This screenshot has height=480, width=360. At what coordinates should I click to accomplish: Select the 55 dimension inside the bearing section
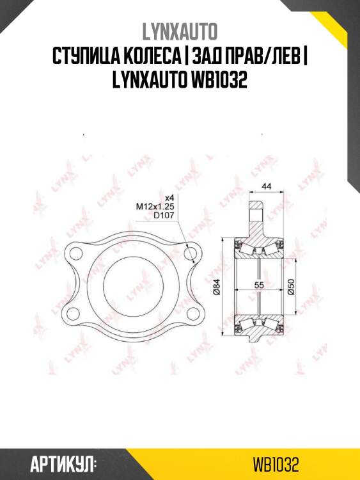(259, 287)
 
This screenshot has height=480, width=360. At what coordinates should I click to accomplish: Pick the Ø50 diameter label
(291, 287)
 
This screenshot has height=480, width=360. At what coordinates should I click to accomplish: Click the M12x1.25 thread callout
(155, 206)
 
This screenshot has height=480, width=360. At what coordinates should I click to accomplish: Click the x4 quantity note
(169, 197)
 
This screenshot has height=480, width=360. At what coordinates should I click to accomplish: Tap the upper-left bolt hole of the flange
(75, 254)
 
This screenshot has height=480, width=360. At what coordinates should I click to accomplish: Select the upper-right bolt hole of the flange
(189, 254)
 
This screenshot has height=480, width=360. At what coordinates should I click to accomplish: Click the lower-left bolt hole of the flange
(75, 312)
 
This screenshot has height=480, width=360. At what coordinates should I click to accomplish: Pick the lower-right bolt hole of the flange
(189, 312)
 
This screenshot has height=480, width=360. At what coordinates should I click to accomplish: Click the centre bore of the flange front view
(132, 283)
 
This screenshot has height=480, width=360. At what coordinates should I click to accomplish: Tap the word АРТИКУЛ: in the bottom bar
(63, 463)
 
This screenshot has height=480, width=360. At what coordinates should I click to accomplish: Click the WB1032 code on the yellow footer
(276, 463)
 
